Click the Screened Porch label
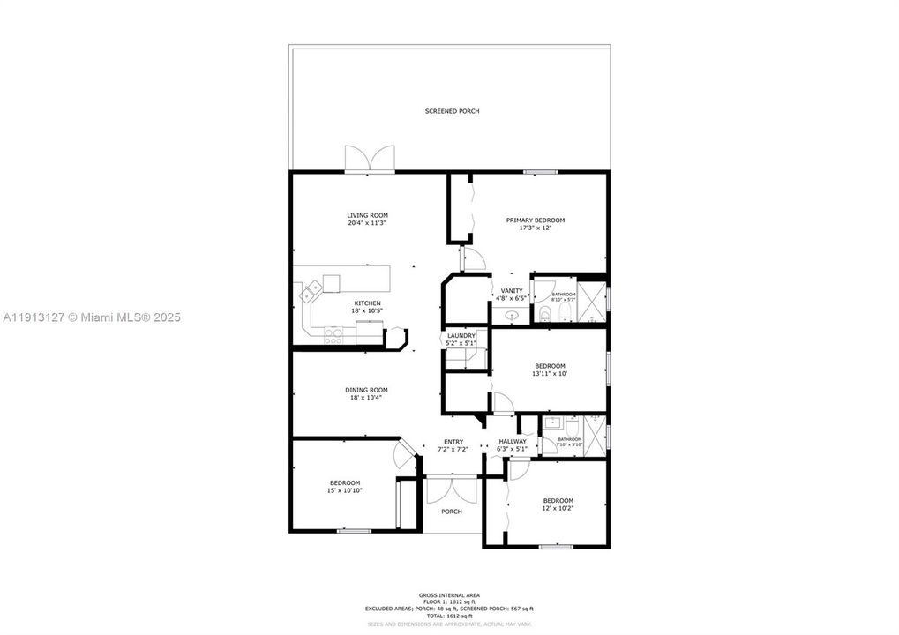coord(452,111)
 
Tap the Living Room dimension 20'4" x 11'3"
coord(367,223)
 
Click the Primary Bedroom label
coord(535,220)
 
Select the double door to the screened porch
coord(369,159)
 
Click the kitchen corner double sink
coord(312,290)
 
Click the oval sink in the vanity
coord(512,315)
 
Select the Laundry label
coord(461,335)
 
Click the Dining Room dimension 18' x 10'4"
coord(366,398)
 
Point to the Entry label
coord(453,442)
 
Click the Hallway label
coord(513,442)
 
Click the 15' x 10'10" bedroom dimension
coord(345,490)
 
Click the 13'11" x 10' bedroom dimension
coord(549,374)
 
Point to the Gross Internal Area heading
coord(449,595)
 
